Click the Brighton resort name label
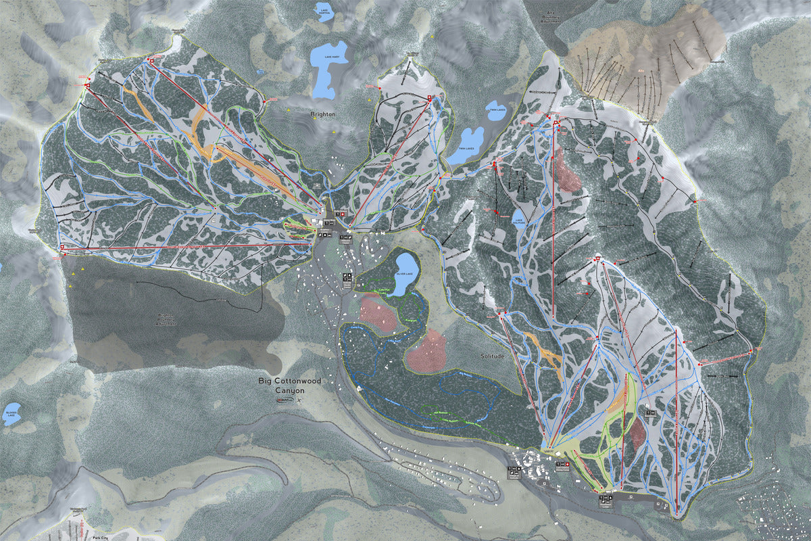tap(323, 115)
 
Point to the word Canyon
tap(291, 391)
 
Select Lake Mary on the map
tap(330, 68)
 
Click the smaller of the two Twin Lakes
tap(497, 111)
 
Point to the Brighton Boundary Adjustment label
tap(166, 319)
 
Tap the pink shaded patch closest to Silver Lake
tap(377, 311)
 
